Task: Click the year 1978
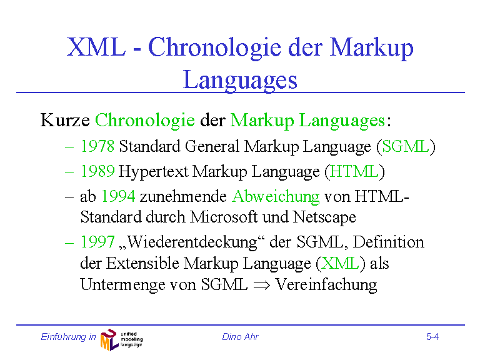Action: pos(97,146)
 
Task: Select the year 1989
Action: pos(97,171)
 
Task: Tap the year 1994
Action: pos(118,196)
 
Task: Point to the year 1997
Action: pos(97,242)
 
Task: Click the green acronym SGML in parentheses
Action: pos(406,146)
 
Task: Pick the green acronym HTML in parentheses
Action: pos(354,171)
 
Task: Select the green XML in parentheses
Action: pos(341,263)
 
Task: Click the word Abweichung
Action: pos(276,197)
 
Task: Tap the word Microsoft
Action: pos(224,217)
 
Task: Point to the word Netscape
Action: pos(324,217)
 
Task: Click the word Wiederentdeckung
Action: pos(192,242)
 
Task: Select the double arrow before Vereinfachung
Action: pos(262,285)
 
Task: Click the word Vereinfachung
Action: pos(326,285)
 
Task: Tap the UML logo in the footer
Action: pos(121,339)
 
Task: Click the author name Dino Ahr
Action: pos(240,337)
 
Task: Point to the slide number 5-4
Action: pos(432,337)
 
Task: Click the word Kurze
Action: pos(65,120)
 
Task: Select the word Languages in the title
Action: pos(240,80)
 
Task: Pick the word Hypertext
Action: pos(153,172)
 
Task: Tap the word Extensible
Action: pos(142,263)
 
